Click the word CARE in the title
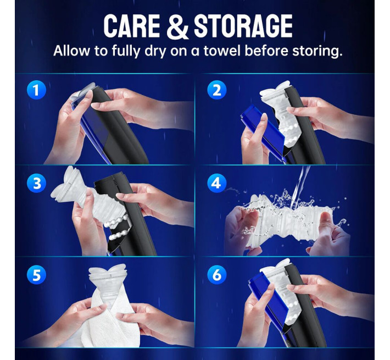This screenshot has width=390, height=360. (132, 26)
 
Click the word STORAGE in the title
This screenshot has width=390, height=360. (243, 26)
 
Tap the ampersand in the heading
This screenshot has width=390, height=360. (177, 26)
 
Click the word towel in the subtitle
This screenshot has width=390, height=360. (222, 51)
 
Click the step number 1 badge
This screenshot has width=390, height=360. (36, 90)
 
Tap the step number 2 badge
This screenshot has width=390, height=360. (217, 90)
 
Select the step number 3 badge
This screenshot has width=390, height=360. (36, 183)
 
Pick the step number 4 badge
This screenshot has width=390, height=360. (217, 183)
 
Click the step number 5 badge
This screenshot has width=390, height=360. (36, 275)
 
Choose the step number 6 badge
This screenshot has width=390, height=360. (217, 275)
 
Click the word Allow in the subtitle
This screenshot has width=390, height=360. (71, 51)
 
